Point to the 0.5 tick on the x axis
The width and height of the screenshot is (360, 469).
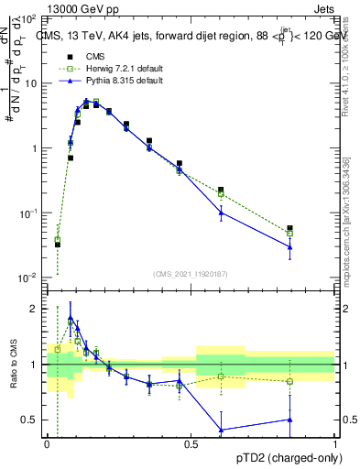[191, 443]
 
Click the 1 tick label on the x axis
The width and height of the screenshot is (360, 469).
[335, 443]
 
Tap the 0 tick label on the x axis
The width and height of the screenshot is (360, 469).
[47, 443]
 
